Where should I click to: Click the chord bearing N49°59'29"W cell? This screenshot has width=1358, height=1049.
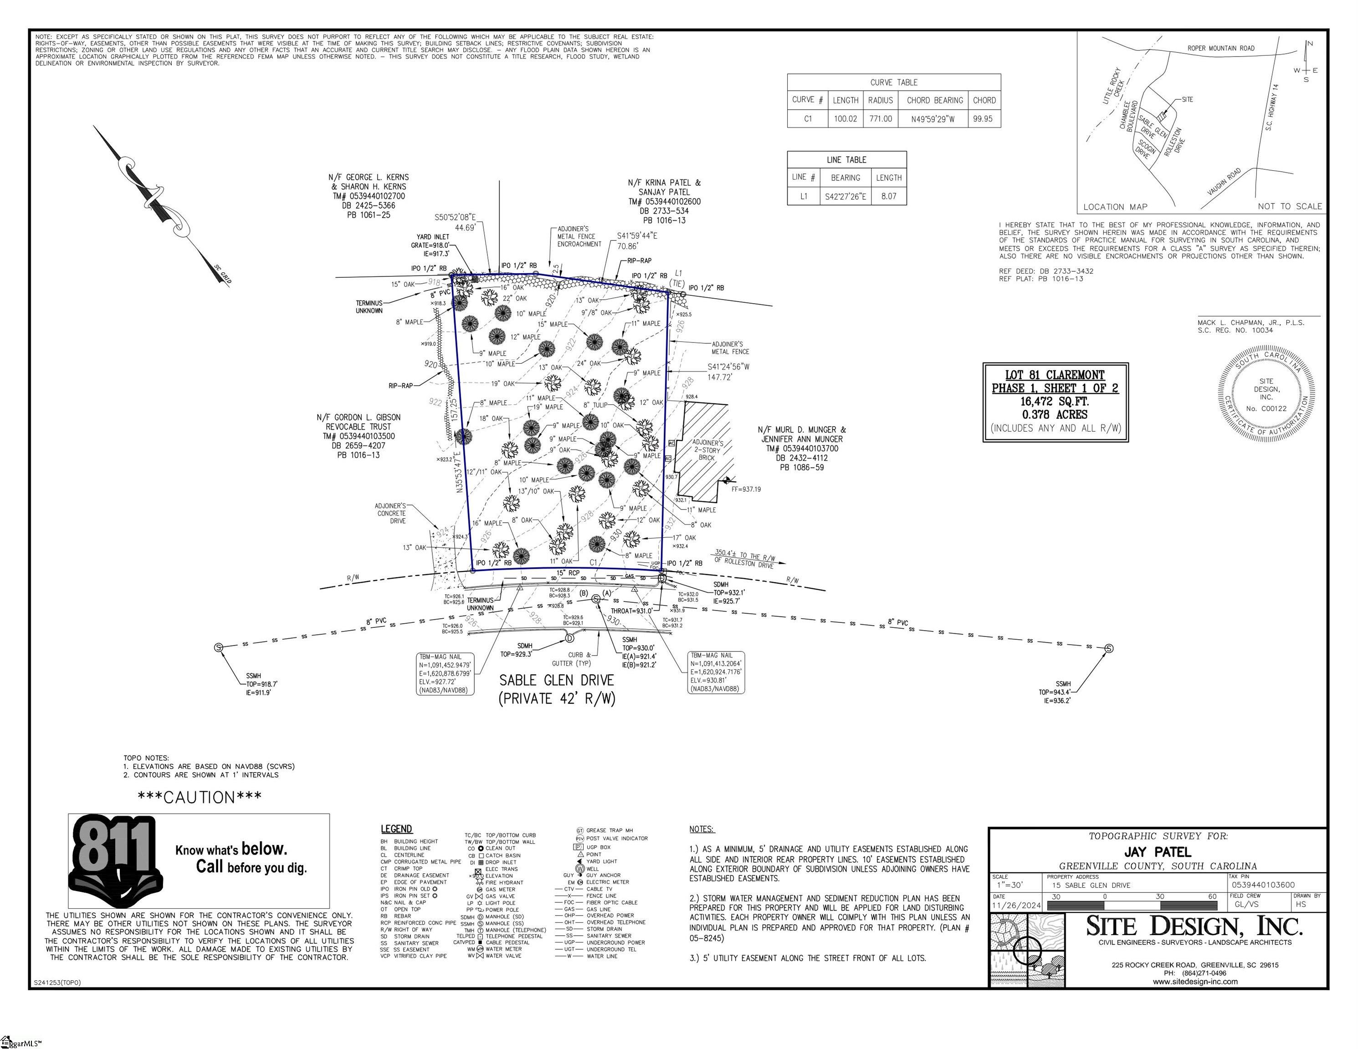pyautogui.click(x=934, y=119)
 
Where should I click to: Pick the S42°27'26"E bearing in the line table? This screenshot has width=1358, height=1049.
pyautogui.click(x=845, y=196)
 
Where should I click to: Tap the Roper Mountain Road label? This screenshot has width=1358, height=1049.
pyautogui.click(x=1220, y=48)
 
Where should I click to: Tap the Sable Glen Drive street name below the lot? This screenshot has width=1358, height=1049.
pyautogui.click(x=557, y=681)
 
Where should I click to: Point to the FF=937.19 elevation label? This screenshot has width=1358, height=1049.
pyautogui.click(x=746, y=489)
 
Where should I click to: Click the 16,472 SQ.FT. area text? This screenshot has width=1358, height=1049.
pyautogui.click(x=1055, y=402)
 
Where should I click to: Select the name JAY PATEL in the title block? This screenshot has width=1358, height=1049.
pyautogui.click(x=1157, y=852)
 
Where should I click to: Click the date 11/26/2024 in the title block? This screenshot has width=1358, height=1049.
pyautogui.click(x=1015, y=906)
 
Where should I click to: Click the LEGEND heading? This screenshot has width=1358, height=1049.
pyautogui.click(x=396, y=829)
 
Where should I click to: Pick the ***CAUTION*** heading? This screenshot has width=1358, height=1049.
pyautogui.click(x=199, y=797)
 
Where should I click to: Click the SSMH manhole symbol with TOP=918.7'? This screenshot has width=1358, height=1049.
pyautogui.click(x=218, y=647)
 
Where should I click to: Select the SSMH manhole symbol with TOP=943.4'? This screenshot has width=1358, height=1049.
pyautogui.click(x=1109, y=649)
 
